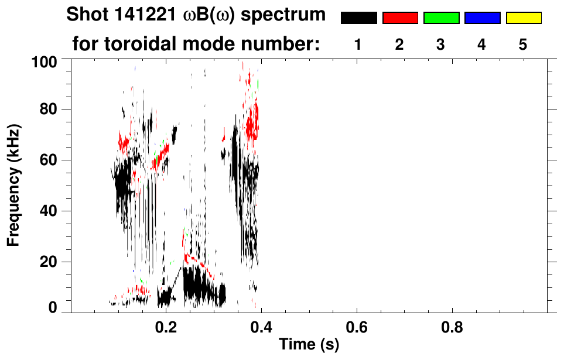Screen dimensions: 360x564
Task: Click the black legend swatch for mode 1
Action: coord(359,18)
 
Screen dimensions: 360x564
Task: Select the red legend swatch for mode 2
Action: coord(400,18)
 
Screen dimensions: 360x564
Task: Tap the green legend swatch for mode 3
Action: coord(441,18)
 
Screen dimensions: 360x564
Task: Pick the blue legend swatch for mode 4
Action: coord(482,18)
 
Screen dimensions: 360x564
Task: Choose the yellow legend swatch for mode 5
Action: coord(523,18)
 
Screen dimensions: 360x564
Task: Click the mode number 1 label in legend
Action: coord(358,45)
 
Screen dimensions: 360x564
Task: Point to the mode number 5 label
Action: coord(523,45)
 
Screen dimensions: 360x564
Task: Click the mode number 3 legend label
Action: coord(441,45)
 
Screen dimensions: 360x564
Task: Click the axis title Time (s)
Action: coord(308,345)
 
